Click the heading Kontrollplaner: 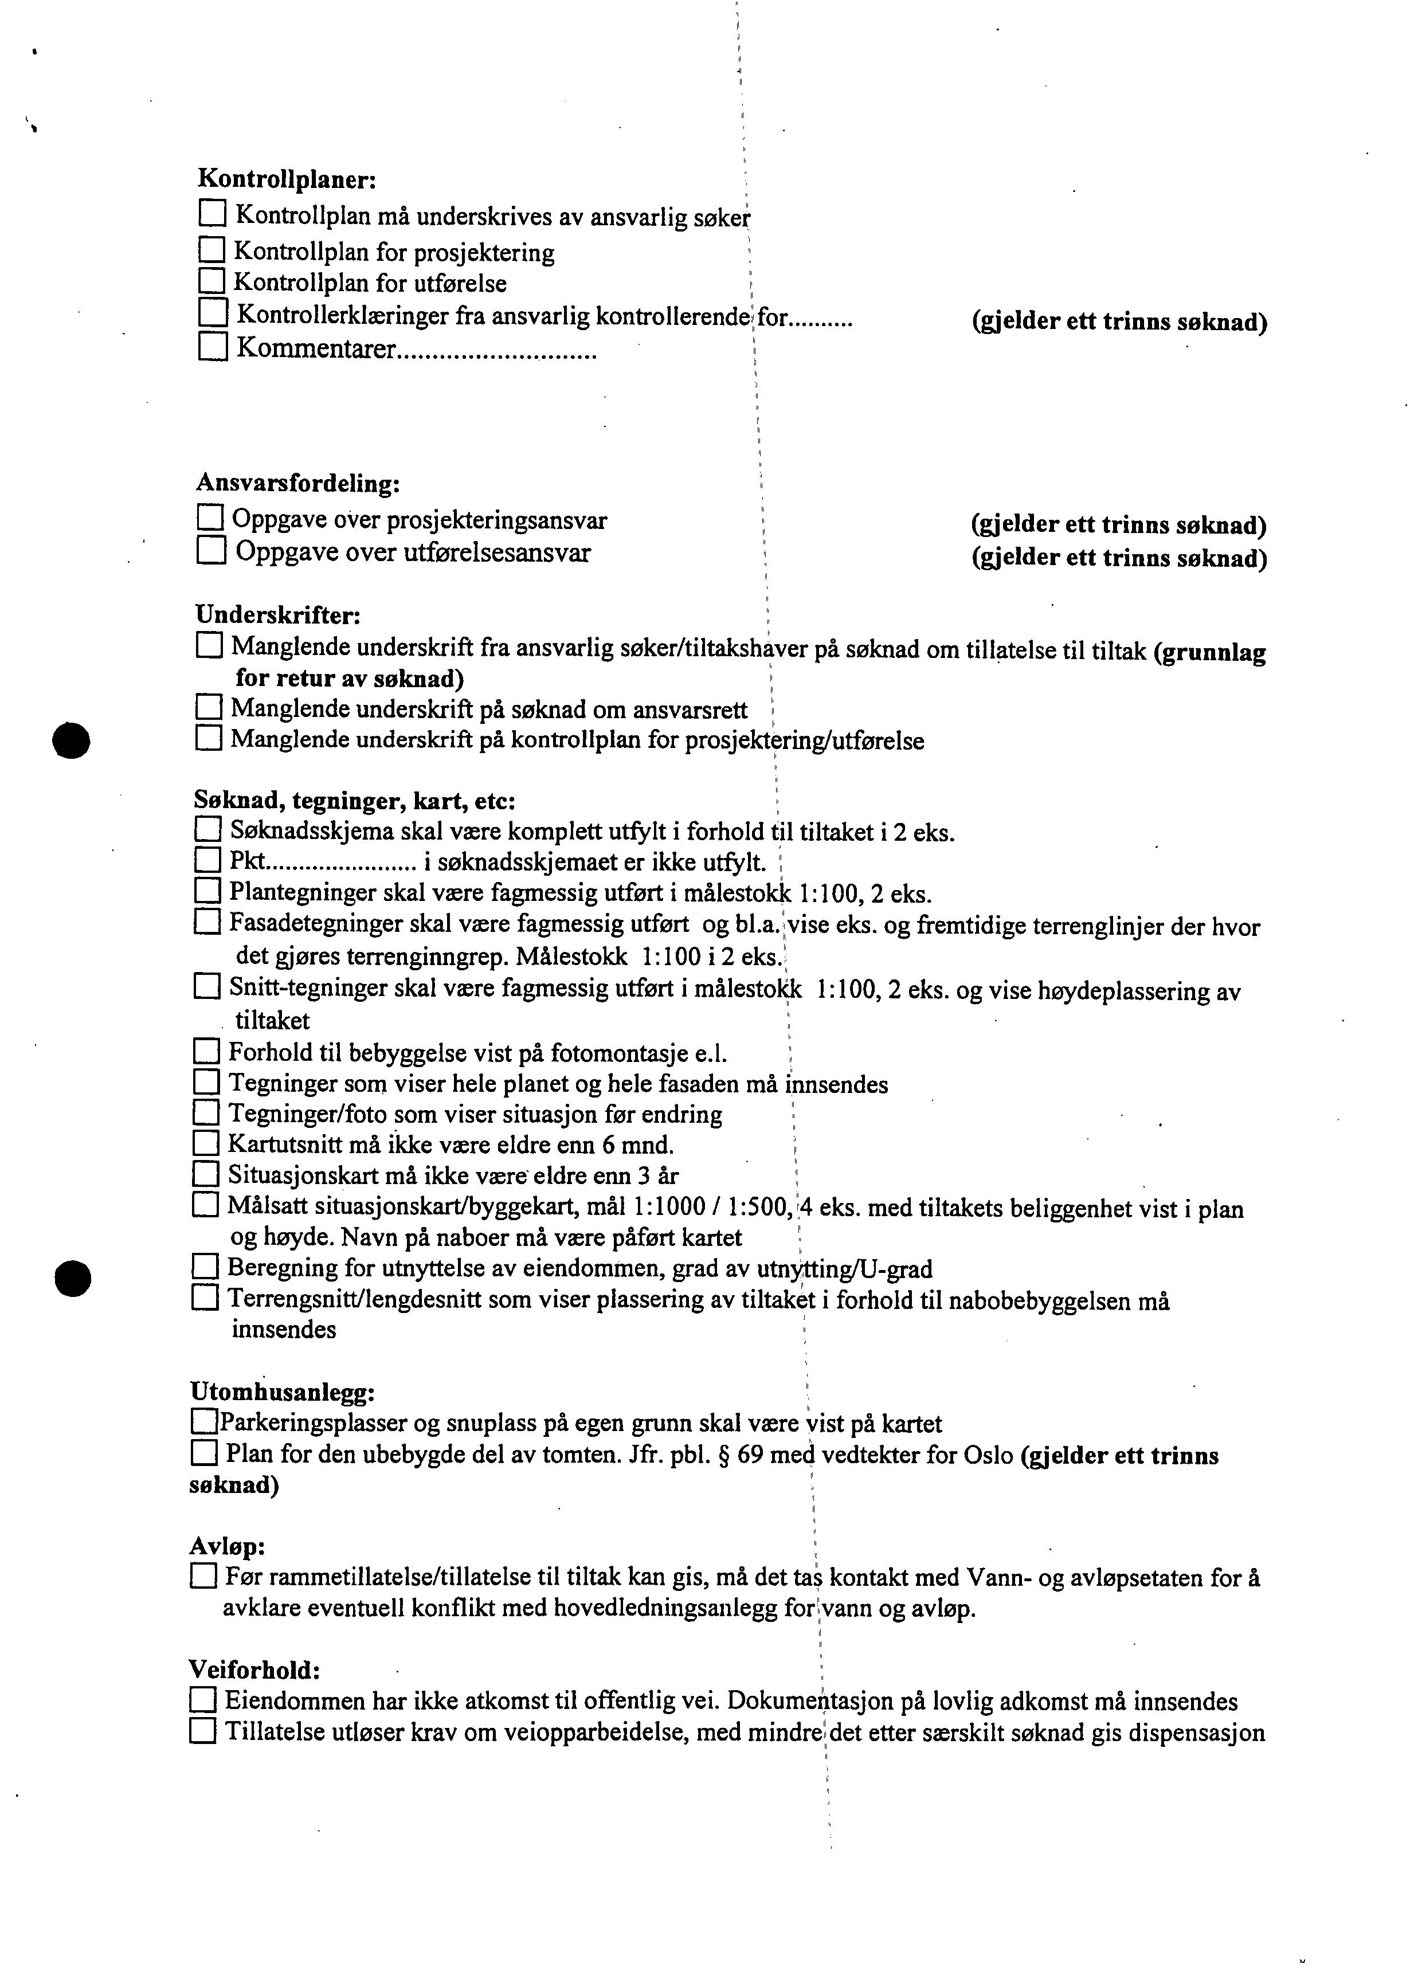tap(287, 179)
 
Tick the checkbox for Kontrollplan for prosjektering tap(211, 252)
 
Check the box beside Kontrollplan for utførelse tap(211, 281)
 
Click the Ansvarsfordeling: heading tap(298, 483)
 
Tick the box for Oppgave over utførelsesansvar tap(211, 551)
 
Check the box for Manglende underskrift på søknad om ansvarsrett tap(209, 707)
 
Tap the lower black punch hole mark tap(72, 1277)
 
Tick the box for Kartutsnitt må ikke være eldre tap(206, 1143)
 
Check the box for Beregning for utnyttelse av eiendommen tap(206, 1267)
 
